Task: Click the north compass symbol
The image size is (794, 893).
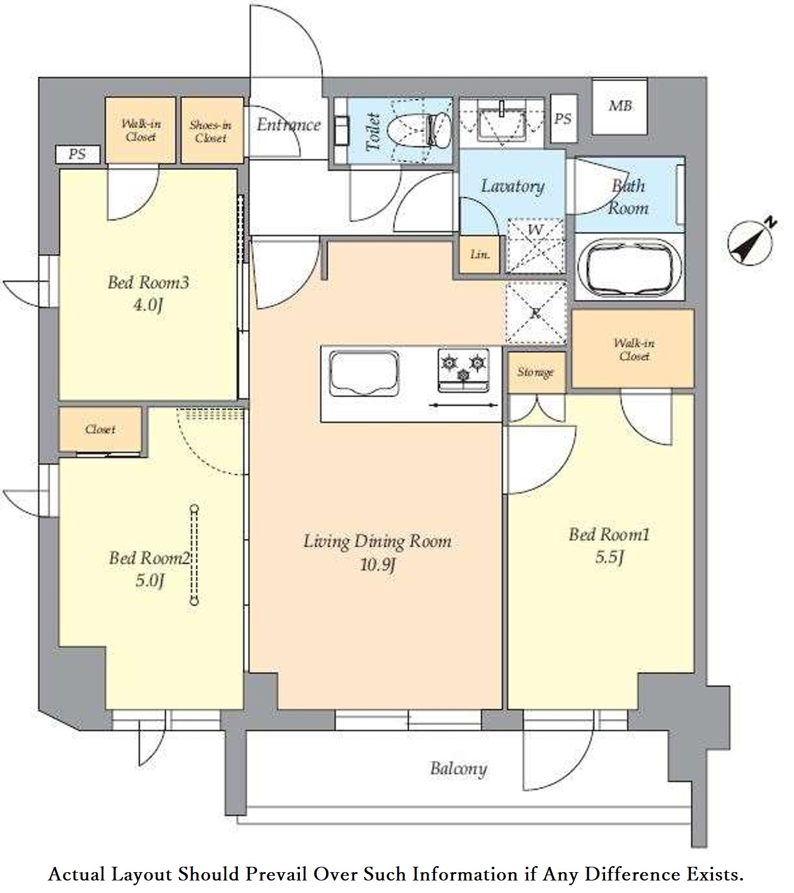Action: pyautogui.click(x=751, y=243)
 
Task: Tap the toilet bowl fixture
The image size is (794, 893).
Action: pyautogui.click(x=419, y=130)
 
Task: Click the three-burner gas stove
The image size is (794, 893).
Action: pyautogui.click(x=463, y=370)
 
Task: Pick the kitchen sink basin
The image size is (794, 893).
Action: pyautogui.click(x=364, y=373)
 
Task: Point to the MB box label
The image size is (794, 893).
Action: pyautogui.click(x=620, y=106)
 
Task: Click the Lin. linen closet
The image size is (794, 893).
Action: pyautogui.click(x=480, y=255)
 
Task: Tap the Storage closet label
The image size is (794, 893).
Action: pyautogui.click(x=535, y=373)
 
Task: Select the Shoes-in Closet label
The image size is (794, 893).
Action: pyautogui.click(x=211, y=131)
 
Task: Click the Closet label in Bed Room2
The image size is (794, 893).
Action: pyautogui.click(x=100, y=429)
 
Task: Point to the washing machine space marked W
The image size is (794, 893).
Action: pyautogui.click(x=535, y=245)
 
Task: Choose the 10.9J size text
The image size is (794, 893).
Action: pyautogui.click(x=377, y=565)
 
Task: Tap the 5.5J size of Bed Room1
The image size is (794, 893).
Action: pyautogui.click(x=609, y=557)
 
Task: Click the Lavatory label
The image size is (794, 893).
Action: pyautogui.click(x=512, y=187)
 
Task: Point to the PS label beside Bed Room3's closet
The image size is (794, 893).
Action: pyautogui.click(x=77, y=154)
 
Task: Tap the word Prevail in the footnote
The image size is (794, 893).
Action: pyautogui.click(x=276, y=873)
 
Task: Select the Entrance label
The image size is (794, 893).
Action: pyautogui.click(x=289, y=125)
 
